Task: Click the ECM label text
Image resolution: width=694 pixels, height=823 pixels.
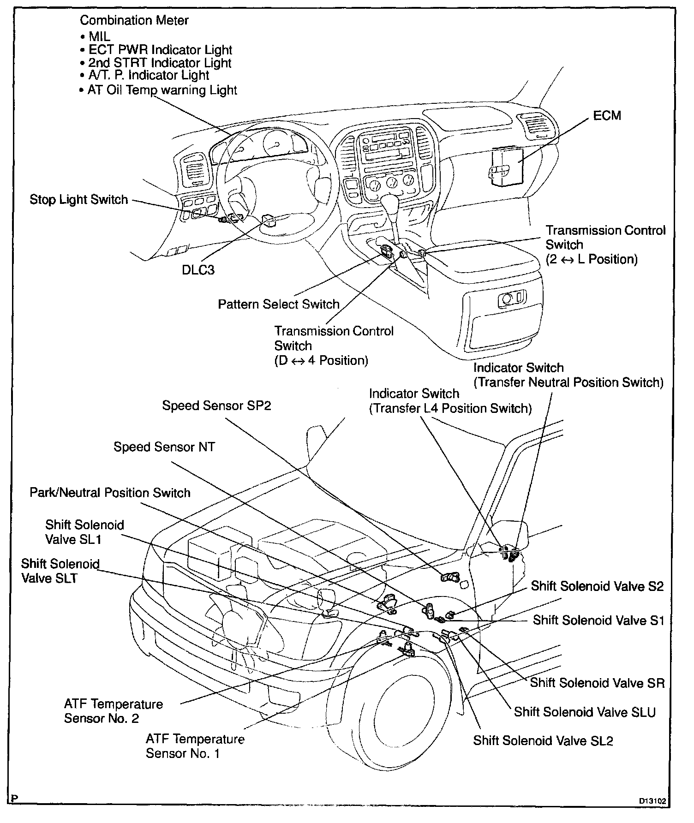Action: [x=607, y=115]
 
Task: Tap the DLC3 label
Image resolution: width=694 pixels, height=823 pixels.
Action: [x=198, y=269]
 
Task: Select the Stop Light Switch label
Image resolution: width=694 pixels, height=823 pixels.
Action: [x=78, y=200]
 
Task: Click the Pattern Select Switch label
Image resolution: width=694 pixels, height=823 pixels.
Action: [x=278, y=304]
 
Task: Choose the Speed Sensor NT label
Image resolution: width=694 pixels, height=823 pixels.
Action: [x=164, y=447]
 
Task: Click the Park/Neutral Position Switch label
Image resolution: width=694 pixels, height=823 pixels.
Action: [x=110, y=493]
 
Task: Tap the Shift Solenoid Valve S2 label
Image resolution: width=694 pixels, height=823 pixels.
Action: [x=597, y=586]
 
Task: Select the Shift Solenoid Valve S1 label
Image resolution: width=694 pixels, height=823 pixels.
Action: [x=598, y=620]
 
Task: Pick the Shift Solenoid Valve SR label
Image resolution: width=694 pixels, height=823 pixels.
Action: [x=597, y=682]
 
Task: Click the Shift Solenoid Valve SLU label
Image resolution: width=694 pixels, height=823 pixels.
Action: [x=585, y=712]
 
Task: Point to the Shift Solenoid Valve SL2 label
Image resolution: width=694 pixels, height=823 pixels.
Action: [x=543, y=740]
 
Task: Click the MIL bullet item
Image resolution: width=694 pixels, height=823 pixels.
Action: [x=99, y=36]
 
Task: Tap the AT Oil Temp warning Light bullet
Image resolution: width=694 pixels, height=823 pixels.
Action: [x=162, y=90]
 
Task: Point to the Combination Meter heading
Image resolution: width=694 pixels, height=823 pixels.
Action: [x=134, y=20]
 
